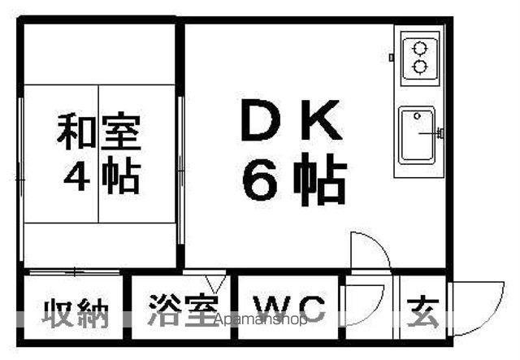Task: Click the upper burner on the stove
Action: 419,49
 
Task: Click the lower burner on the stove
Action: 419,67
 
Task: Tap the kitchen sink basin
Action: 417,135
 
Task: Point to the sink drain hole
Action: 417,115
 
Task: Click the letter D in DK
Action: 261,119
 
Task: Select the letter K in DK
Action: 322,119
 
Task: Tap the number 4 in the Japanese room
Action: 76,176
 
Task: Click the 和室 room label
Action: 99,131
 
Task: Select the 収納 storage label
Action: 76,313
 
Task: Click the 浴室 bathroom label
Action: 183,310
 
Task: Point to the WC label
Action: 288,309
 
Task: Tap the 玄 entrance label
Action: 422,312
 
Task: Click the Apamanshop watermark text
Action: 261,319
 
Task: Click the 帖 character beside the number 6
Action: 320,180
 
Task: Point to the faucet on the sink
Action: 431,132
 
